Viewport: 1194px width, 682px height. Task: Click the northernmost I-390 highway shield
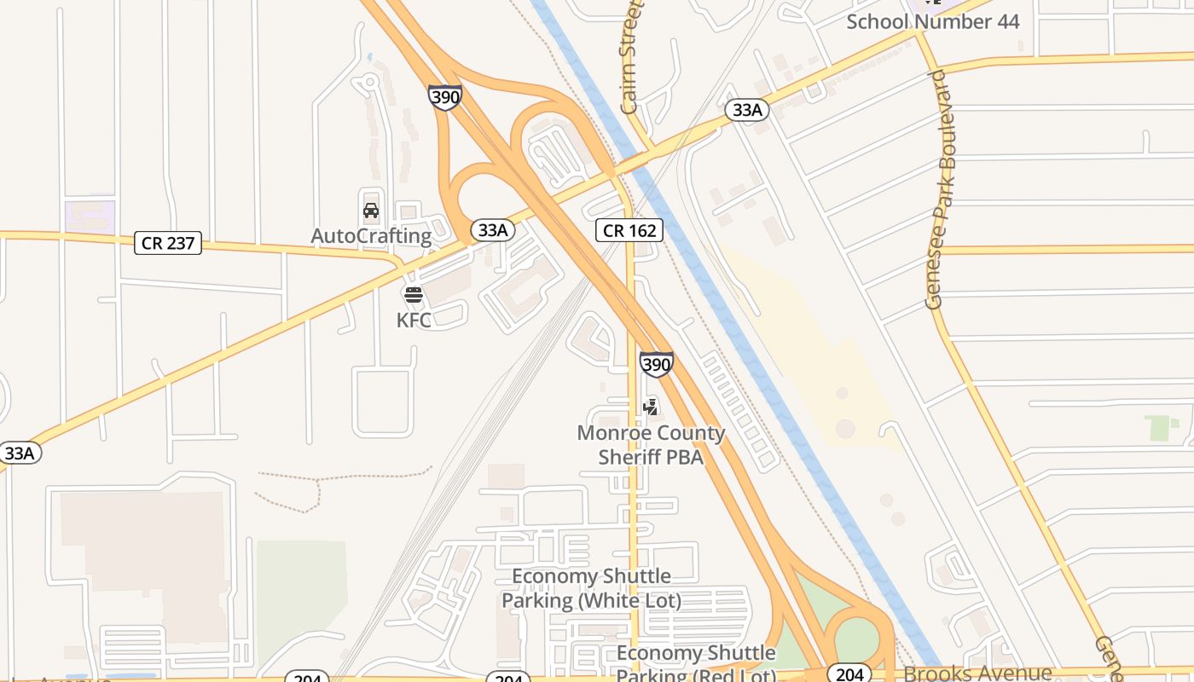coord(445,97)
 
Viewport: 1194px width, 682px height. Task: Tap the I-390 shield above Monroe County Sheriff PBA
coord(656,365)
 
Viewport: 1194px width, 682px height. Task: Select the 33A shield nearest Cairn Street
coord(747,110)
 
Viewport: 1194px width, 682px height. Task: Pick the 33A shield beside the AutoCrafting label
coord(493,230)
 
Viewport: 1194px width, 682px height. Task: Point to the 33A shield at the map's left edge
coord(19,453)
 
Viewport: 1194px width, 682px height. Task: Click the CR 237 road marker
coord(168,243)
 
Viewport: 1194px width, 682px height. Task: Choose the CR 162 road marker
coord(629,230)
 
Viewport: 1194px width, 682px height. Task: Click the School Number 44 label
coord(932,21)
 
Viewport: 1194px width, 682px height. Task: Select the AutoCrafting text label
coord(371,236)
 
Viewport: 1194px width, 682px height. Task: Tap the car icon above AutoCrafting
coord(371,211)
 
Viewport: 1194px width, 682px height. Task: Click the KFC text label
coord(414,321)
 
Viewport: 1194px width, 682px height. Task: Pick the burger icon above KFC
coord(414,296)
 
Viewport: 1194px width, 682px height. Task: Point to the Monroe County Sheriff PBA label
coord(651,444)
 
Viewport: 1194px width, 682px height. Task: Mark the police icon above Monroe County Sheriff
coord(651,407)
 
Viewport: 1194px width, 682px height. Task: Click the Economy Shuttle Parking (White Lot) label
coord(591,588)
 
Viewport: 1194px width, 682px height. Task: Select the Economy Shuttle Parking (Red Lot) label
coord(696,663)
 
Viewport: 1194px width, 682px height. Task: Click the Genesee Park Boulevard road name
coord(937,189)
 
